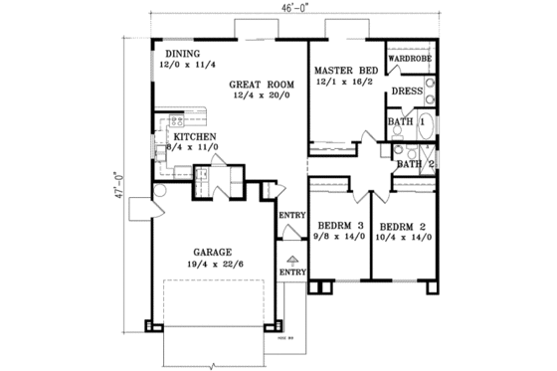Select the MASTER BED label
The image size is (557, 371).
click(346, 72)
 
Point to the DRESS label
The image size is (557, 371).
click(409, 91)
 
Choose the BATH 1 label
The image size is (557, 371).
click(407, 121)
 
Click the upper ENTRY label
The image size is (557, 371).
click(291, 214)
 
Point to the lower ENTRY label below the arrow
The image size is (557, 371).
click(291, 272)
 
